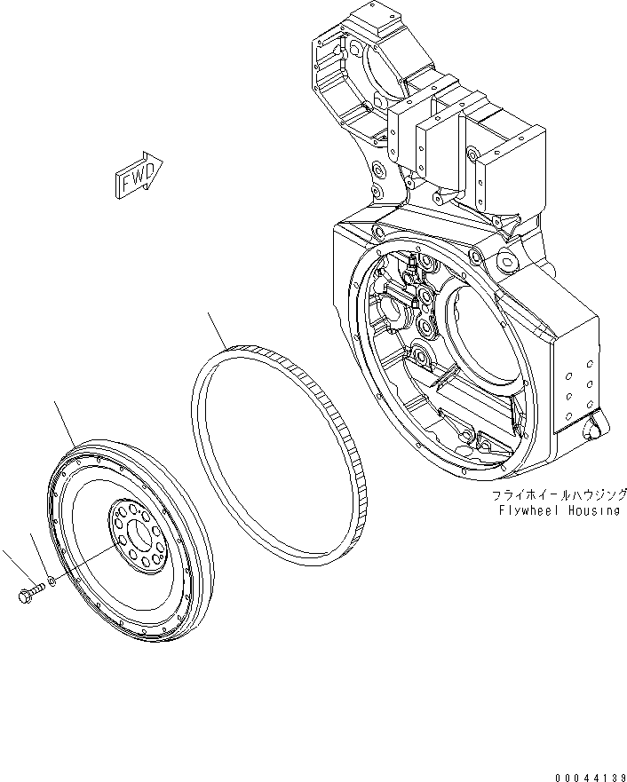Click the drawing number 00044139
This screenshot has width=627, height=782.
[589, 777]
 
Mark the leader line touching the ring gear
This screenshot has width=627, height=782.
[218, 328]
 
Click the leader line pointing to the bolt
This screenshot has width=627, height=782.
[12, 568]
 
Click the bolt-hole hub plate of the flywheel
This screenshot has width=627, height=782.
[136, 538]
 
